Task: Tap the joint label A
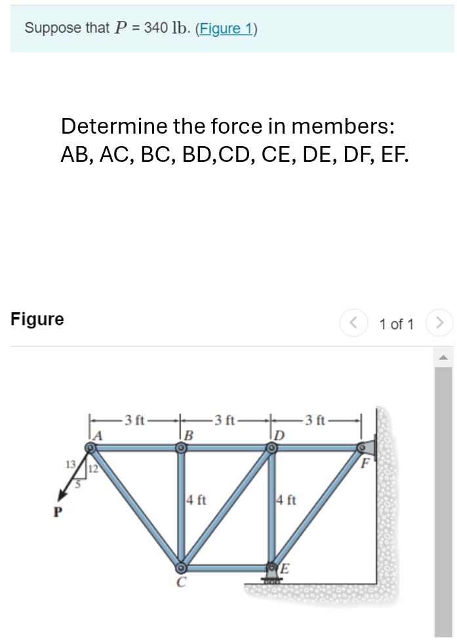coord(98,434)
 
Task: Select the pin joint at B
coord(181,447)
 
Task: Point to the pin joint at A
coord(91,447)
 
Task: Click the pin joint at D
coord(271,447)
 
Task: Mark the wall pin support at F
coord(363,447)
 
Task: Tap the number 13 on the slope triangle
coord(70,464)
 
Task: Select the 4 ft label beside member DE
coord(287,502)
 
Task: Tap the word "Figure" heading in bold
coord(37,319)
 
